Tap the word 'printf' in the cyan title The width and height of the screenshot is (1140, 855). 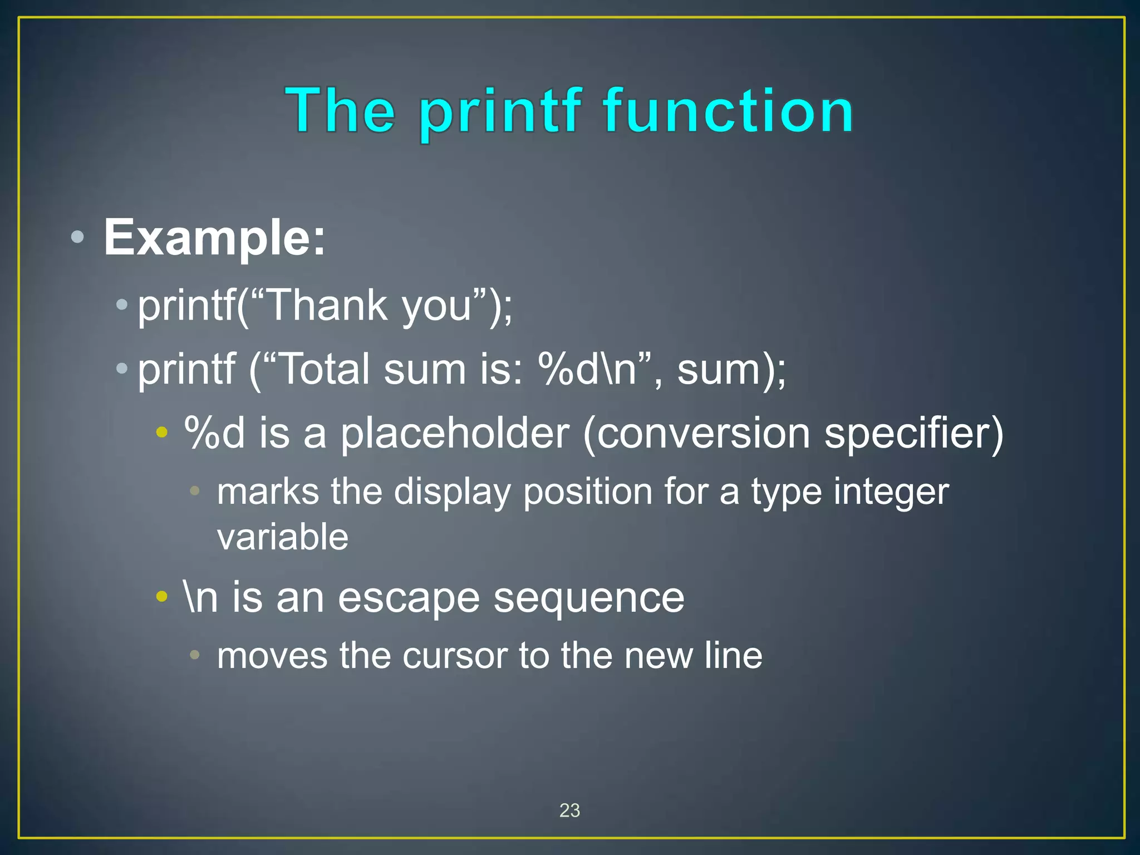click(x=500, y=114)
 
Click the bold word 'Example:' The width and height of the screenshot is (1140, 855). click(x=214, y=238)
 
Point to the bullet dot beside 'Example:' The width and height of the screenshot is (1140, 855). click(x=78, y=238)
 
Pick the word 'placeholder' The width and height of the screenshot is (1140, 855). click(x=455, y=434)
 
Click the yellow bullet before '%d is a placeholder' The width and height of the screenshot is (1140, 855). click(x=161, y=432)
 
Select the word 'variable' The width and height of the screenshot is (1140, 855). click(x=283, y=537)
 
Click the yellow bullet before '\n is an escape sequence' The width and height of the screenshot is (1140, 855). click(x=161, y=597)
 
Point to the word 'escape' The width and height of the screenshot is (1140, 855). click(x=409, y=598)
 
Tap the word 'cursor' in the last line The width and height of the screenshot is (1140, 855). click(x=455, y=656)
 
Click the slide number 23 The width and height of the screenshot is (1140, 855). click(x=569, y=810)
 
